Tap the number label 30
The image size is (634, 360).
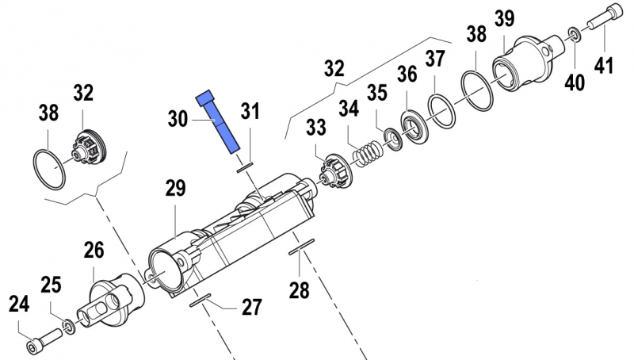click(178, 120)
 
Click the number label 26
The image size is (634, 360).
click(94, 251)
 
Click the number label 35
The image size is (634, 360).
click(376, 93)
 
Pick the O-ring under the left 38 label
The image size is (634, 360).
click(49, 168)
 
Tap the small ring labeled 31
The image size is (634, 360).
click(246, 167)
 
